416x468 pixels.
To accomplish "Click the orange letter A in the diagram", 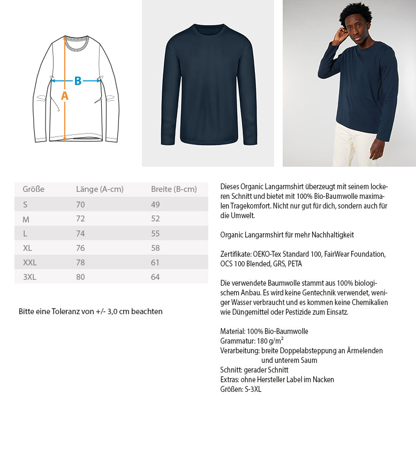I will pos(65,96).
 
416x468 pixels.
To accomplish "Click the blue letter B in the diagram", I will pos(78,81).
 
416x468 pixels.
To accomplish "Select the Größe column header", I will pos(33,189).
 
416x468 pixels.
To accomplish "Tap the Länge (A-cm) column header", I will pos(100,189).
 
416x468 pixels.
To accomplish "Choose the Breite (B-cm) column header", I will pos(174,189).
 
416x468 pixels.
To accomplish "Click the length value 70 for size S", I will pos(81,204).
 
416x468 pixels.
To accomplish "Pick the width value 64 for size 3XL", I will pos(156,277).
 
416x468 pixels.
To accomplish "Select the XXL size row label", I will pos(30,263).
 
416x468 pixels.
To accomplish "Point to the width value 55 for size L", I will pos(156,234).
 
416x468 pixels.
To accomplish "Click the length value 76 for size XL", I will pos(81,248).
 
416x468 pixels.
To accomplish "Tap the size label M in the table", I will pos(26,219).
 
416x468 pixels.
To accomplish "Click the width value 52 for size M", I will pos(156,219).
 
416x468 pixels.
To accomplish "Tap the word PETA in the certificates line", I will pos(295,264).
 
